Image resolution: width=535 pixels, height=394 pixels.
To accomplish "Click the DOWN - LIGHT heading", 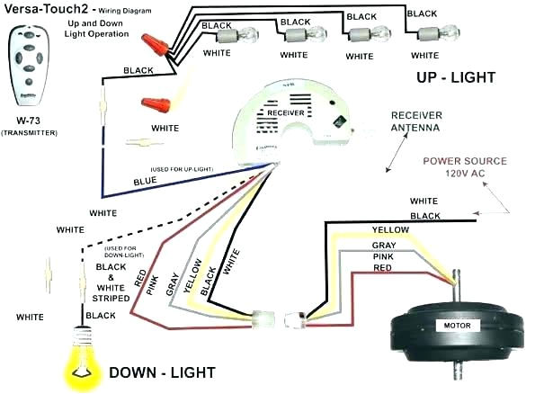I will [162, 371].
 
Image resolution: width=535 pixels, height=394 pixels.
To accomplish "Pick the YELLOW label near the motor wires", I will [392, 230].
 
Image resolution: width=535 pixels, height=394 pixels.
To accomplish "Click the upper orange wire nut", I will [156, 41].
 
